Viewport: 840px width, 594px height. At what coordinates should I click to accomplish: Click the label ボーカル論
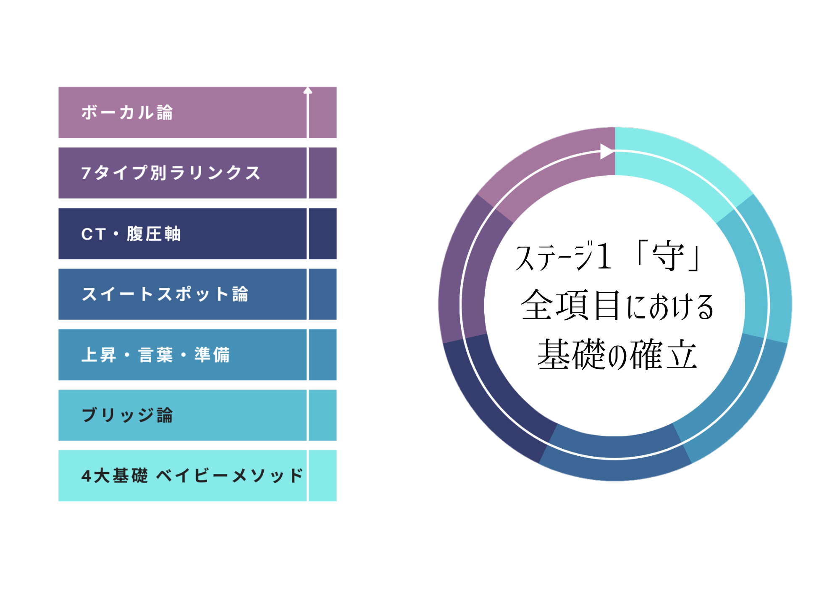[x=127, y=113]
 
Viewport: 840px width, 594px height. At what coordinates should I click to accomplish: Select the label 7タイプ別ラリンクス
[x=171, y=173]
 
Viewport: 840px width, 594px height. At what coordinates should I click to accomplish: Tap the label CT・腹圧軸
[x=131, y=234]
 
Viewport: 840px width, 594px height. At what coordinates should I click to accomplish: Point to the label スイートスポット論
[x=165, y=294]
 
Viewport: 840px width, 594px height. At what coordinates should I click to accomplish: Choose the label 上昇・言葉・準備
[x=155, y=355]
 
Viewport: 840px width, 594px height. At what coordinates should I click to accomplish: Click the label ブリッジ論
[x=127, y=415]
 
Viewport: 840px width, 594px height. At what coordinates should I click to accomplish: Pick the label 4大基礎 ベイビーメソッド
[x=192, y=476]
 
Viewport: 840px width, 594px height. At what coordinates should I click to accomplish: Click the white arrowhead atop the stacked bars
[x=308, y=91]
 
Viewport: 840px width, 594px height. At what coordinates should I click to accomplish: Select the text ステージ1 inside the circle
[x=563, y=256]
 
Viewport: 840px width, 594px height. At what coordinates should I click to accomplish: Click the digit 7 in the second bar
[x=86, y=173]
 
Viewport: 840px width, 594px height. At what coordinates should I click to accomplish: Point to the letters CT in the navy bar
[x=93, y=234]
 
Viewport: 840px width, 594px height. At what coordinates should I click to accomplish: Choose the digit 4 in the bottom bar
[x=86, y=476]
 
